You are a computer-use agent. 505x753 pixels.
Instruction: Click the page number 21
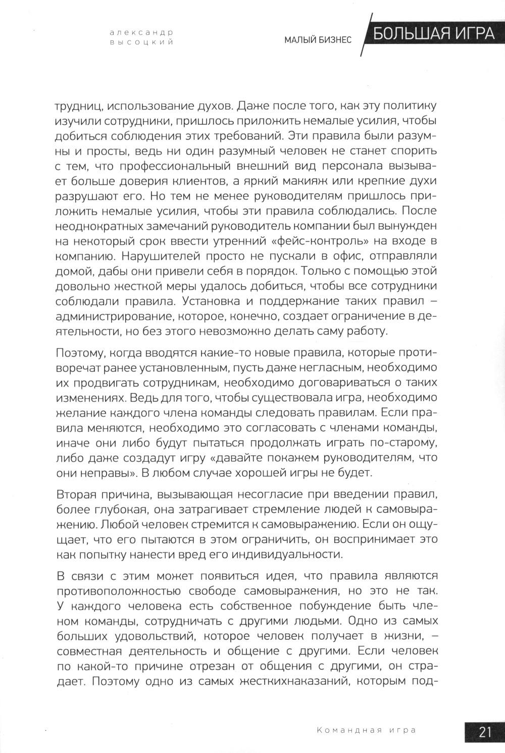[485, 731]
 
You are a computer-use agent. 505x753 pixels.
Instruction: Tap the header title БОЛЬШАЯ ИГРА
[434, 33]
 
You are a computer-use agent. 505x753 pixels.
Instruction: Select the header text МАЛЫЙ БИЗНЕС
[318, 40]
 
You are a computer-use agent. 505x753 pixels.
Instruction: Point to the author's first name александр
[141, 32]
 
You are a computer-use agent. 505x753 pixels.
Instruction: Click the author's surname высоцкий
[141, 42]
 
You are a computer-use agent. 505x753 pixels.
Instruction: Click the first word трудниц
[80, 107]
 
